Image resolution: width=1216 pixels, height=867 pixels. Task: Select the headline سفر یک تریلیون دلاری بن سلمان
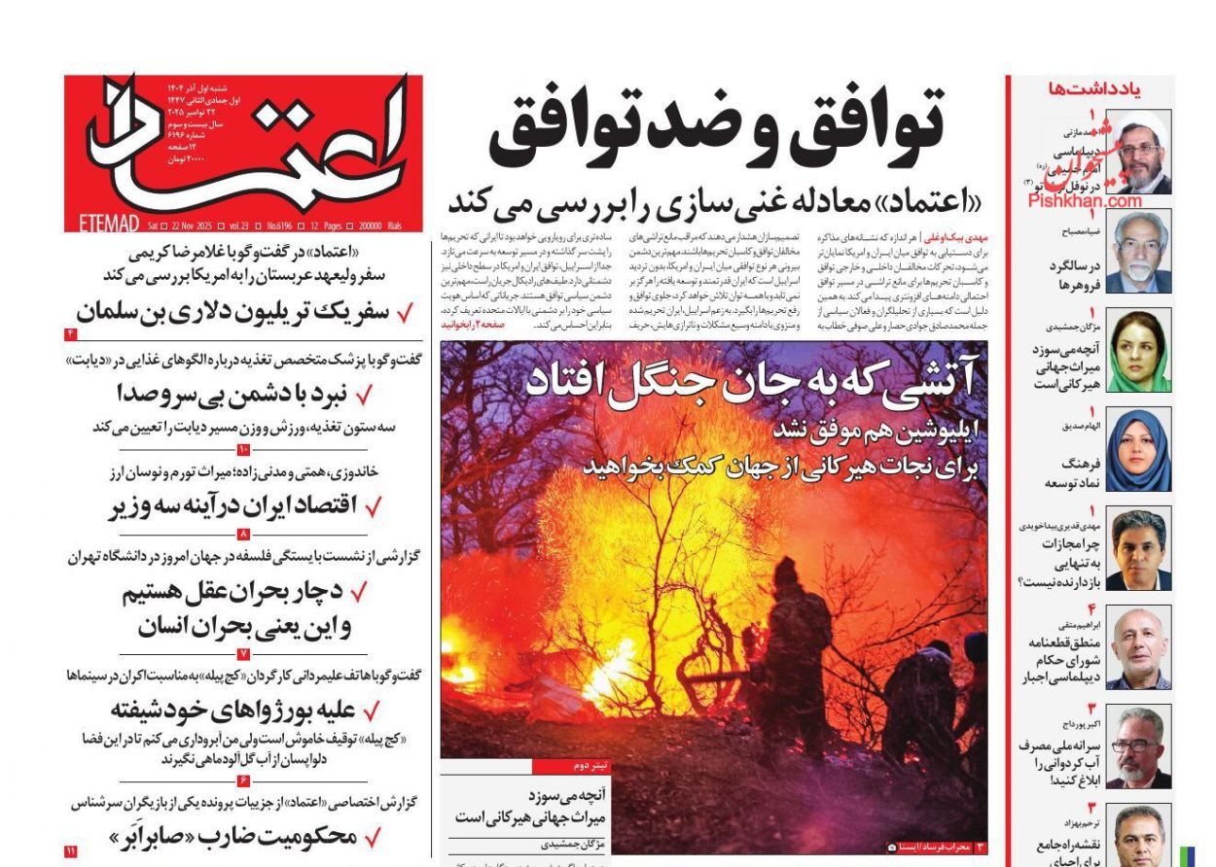[x=233, y=312]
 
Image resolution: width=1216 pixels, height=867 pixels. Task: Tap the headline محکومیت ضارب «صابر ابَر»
[x=233, y=835]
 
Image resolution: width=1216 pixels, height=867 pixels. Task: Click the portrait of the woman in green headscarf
[x=1139, y=351]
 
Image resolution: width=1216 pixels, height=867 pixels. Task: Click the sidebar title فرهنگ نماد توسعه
[x=1070, y=473]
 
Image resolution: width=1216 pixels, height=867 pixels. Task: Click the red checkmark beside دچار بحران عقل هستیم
[x=359, y=592]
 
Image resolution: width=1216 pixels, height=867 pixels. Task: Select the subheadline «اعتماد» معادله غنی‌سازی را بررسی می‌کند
[x=715, y=202]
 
